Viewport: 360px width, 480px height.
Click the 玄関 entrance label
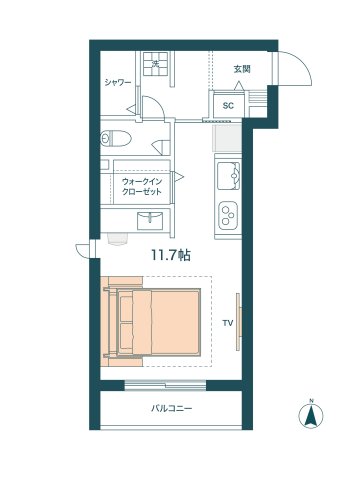pyautogui.click(x=241, y=69)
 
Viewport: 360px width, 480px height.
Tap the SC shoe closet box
pyautogui.click(x=227, y=104)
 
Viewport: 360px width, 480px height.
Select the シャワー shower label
pyautogui.click(x=118, y=83)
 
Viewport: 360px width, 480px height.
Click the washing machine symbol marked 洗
pyautogui.click(x=155, y=65)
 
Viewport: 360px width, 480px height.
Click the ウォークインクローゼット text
pyautogui.click(x=142, y=186)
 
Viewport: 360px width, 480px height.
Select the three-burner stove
pyautogui.click(x=230, y=213)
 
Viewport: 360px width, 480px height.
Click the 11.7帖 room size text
pyautogui.click(x=170, y=256)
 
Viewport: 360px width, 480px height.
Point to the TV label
pyautogui.click(x=227, y=323)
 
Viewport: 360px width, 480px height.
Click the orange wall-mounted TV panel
pyautogui.click(x=237, y=322)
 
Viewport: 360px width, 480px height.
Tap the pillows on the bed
pyautogui.click(x=126, y=321)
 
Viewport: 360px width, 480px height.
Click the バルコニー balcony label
pyautogui.click(x=171, y=408)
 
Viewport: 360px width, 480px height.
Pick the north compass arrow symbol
pyautogui.click(x=311, y=417)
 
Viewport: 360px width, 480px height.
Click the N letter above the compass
pyautogui.click(x=311, y=401)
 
